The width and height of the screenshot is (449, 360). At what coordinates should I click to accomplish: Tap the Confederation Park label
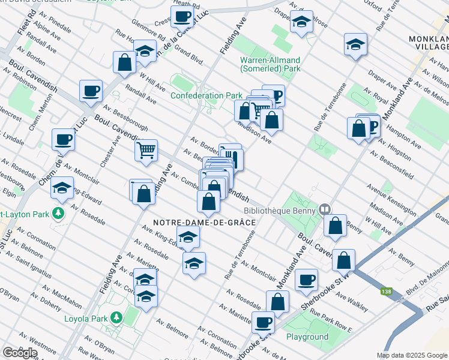pyautogui.click(x=206, y=95)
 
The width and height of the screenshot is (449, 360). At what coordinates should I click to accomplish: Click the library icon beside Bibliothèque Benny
pyautogui.click(x=325, y=209)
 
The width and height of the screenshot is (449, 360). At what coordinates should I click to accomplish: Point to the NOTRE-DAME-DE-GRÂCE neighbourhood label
pyautogui.click(x=205, y=223)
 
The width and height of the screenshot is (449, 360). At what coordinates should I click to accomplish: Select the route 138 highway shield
pyautogui.click(x=384, y=292)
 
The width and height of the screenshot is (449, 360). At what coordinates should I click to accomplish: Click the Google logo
pyautogui.click(x=20, y=352)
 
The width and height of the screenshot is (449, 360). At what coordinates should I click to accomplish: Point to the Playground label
pyautogui.click(x=307, y=337)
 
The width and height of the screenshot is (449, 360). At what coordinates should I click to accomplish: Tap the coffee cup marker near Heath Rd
pyautogui.click(x=183, y=19)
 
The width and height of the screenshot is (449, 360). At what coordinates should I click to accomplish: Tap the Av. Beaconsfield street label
pyautogui.click(x=391, y=166)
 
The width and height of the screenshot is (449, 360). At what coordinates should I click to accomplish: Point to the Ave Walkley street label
pyautogui.click(x=352, y=301)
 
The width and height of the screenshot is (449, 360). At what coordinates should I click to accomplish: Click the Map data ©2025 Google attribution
pyautogui.click(x=411, y=355)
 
